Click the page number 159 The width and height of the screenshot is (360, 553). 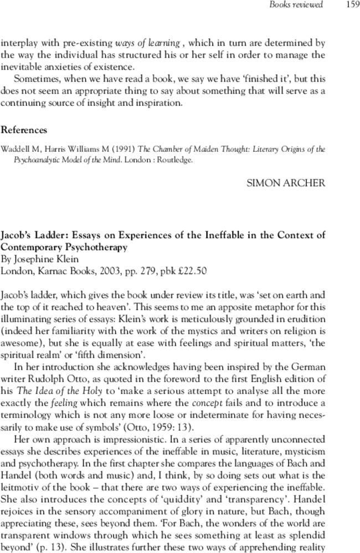point(352,5)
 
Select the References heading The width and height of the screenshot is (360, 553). point(24,130)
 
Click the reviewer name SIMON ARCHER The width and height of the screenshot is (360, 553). point(286,182)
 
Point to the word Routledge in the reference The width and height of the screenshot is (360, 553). point(175,160)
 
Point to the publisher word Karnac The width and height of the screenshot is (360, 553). point(49,271)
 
